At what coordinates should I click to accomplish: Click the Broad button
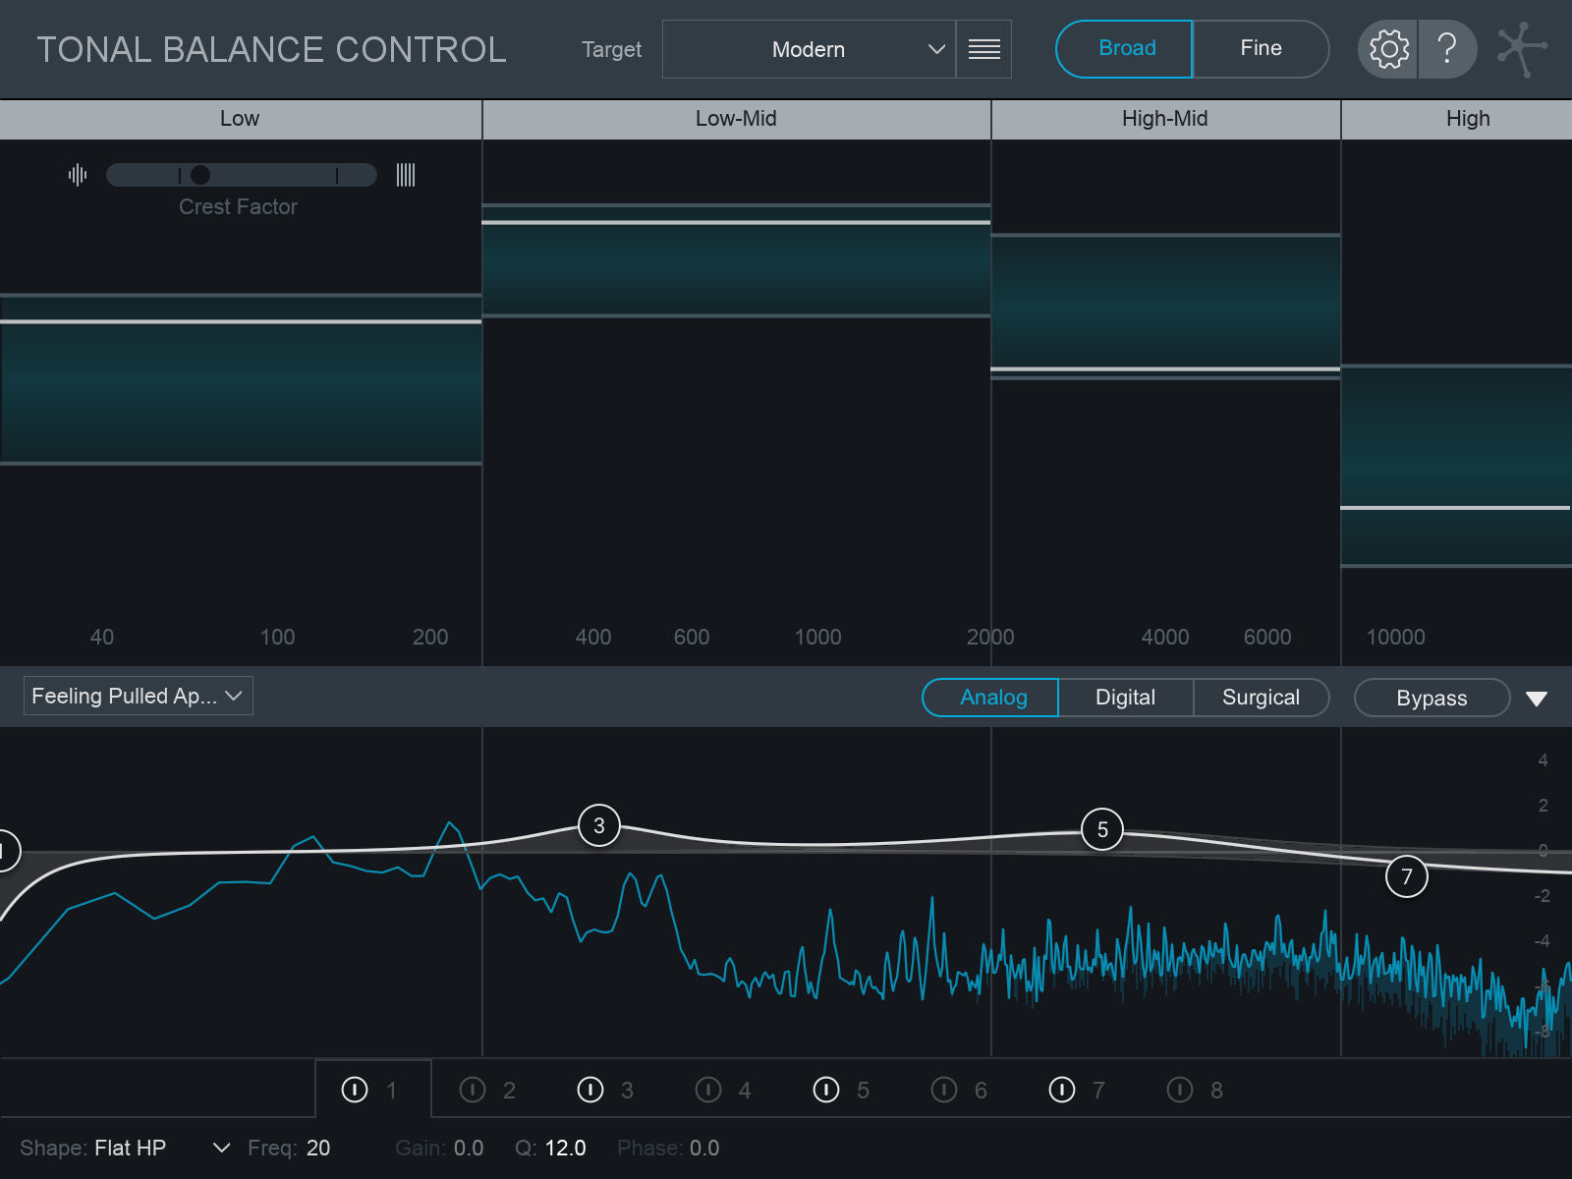[x=1125, y=48]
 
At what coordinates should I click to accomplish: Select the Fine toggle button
[x=1261, y=48]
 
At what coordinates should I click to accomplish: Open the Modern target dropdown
[x=809, y=49]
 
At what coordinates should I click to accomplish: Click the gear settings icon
[x=1388, y=48]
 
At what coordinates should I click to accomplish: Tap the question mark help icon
[x=1447, y=48]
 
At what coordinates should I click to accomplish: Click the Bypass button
[x=1432, y=698]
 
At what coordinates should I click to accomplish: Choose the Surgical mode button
[x=1261, y=698]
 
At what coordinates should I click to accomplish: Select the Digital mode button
[x=1125, y=698]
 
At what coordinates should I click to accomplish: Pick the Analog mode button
[x=992, y=698]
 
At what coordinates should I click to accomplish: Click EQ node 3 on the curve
[x=599, y=825]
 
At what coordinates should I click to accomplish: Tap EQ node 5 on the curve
[x=1102, y=830]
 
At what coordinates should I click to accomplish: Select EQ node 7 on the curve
[x=1407, y=876]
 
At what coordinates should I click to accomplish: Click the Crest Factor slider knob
[x=200, y=175]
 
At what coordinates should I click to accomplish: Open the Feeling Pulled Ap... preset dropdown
[x=138, y=696]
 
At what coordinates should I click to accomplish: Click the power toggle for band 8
[x=1180, y=1090]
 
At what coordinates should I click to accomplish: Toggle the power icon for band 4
[x=708, y=1090]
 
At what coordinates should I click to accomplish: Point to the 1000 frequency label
[x=817, y=637]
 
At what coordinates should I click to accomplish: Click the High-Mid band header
[x=1165, y=119]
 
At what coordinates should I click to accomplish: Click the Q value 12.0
[x=565, y=1148]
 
